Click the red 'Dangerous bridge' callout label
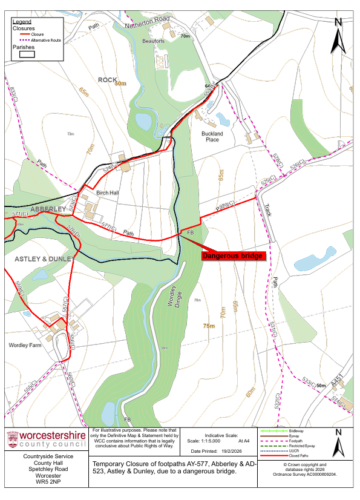coord(232,256)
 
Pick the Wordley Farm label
coord(24,346)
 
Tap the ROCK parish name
coord(106,79)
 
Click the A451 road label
coord(336,381)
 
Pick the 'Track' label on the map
coord(267,209)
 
